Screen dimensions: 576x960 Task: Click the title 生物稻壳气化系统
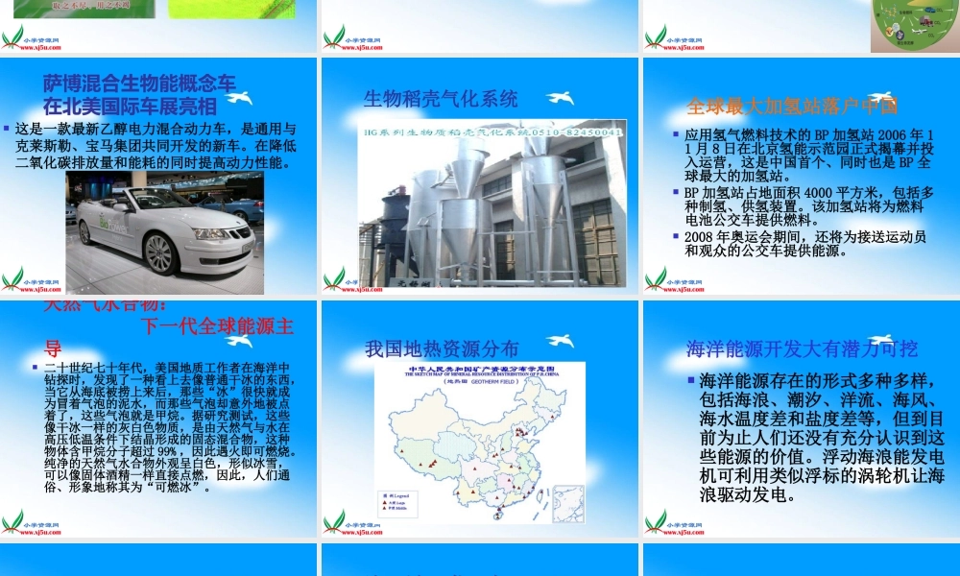(441, 99)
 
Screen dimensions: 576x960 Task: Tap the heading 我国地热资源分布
(442, 348)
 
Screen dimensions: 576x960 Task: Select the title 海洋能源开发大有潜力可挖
(802, 348)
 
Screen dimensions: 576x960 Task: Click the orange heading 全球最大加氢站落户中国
(792, 106)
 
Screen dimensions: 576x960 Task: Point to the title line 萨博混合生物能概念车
(139, 84)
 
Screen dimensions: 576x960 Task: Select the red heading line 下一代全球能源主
(216, 325)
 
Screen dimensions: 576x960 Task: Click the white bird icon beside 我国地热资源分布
(560, 341)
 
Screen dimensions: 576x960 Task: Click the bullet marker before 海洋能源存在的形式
(691, 379)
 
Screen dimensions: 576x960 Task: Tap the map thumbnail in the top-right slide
(913, 26)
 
